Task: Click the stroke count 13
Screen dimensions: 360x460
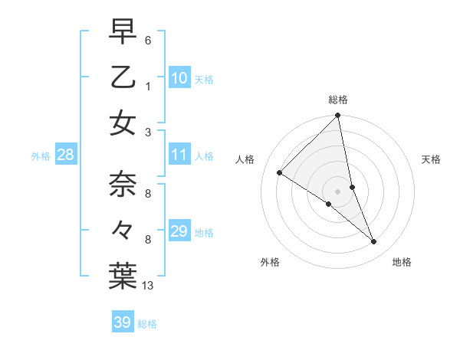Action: pos(148,286)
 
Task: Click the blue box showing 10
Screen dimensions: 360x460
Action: pos(179,77)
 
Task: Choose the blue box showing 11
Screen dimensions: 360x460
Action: pos(179,155)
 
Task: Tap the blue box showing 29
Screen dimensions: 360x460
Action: pos(179,231)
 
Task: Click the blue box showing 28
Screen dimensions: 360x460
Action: pos(65,155)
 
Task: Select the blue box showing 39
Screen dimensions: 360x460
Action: pos(122,322)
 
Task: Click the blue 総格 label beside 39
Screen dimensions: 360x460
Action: pos(147,324)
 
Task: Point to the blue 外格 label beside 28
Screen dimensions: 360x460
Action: pos(41,156)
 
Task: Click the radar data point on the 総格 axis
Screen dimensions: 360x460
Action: pos(337,116)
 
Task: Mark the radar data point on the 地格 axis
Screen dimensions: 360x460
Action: pos(374,242)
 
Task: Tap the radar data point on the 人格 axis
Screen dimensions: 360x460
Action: pos(280,173)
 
